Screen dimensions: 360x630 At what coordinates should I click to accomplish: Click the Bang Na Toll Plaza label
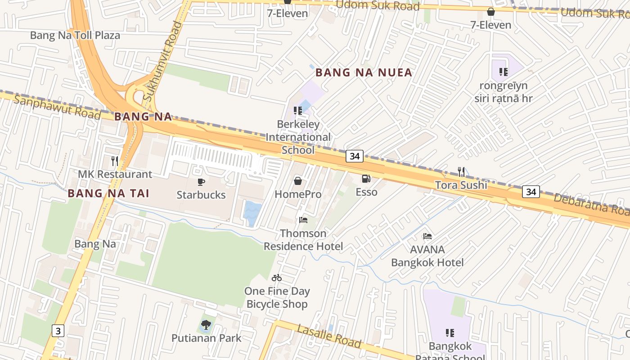[75, 36]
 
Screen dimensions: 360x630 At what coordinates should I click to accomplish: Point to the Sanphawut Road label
[57, 107]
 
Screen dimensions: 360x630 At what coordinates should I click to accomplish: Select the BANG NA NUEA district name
[364, 72]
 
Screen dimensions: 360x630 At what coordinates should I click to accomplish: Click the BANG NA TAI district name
[108, 193]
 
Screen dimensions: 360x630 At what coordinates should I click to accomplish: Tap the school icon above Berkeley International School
[297, 111]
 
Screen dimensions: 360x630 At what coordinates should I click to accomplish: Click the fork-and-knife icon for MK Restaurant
[115, 161]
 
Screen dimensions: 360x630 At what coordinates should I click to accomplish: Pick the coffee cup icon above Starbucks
[201, 182]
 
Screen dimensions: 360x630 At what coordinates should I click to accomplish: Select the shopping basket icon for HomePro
[297, 181]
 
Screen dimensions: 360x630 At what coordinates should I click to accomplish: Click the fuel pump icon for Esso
[366, 179]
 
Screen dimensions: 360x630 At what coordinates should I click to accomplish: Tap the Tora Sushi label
[461, 185]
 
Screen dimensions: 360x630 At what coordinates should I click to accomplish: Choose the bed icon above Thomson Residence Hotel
[303, 220]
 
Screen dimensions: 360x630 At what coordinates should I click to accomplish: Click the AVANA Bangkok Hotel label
[427, 256]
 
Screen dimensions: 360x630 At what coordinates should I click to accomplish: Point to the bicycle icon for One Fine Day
[277, 278]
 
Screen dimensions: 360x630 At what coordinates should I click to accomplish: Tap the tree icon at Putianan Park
[206, 324]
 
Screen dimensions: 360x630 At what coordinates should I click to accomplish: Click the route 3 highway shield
[58, 331]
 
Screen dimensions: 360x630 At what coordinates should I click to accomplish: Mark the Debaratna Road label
[591, 204]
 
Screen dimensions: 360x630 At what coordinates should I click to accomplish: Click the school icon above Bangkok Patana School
[450, 333]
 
